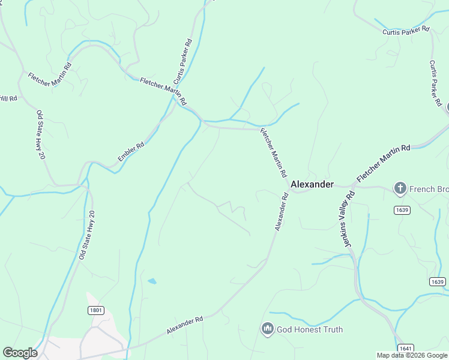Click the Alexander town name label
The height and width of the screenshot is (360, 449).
click(312, 184)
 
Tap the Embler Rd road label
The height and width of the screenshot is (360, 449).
click(131, 152)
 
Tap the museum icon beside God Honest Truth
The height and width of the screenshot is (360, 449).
click(267, 329)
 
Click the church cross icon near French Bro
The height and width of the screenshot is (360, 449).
click(400, 189)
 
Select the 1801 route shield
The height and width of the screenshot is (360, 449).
click(95, 310)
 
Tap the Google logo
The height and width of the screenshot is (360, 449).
click(20, 353)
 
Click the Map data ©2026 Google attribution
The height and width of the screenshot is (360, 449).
click(412, 355)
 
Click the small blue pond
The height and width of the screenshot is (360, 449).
click(152, 281)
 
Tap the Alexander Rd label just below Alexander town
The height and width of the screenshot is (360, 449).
click(282, 212)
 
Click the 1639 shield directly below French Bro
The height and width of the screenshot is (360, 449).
click(403, 209)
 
